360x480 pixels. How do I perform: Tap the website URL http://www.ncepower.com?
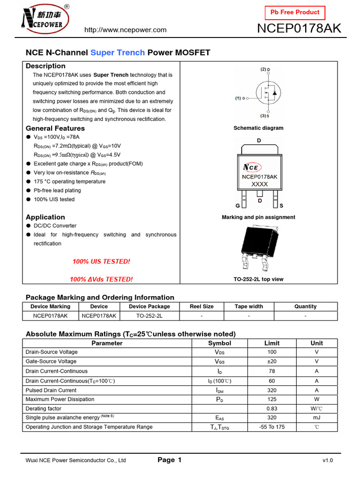point(125,30)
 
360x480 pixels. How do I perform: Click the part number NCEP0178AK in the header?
point(300,29)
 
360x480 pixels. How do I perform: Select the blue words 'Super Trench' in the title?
point(118,52)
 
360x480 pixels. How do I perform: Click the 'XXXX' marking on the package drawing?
point(260,184)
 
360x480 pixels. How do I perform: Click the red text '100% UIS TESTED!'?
point(101,261)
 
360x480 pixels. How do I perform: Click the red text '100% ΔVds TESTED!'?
point(101,279)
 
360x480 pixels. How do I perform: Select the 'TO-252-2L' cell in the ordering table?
point(150,316)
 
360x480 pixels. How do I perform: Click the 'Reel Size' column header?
point(202,307)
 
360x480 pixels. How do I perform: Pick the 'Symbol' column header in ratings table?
point(219,343)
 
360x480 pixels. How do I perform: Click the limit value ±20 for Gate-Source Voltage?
point(272,361)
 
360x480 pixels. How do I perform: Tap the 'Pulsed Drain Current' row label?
point(51,390)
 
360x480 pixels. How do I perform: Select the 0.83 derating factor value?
point(272,409)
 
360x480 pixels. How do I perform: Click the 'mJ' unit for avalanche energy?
point(317,418)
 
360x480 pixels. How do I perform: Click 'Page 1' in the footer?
point(170,460)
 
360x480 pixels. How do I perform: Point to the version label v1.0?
point(328,461)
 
